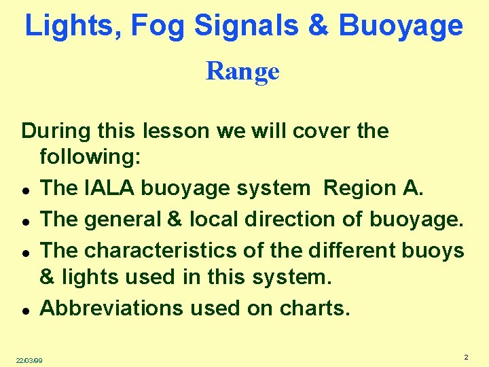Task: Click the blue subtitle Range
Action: click(242, 71)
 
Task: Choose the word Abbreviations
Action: click(111, 308)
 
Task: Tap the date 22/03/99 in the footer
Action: click(29, 360)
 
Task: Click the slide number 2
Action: click(466, 357)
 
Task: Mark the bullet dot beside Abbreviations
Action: click(24, 310)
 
